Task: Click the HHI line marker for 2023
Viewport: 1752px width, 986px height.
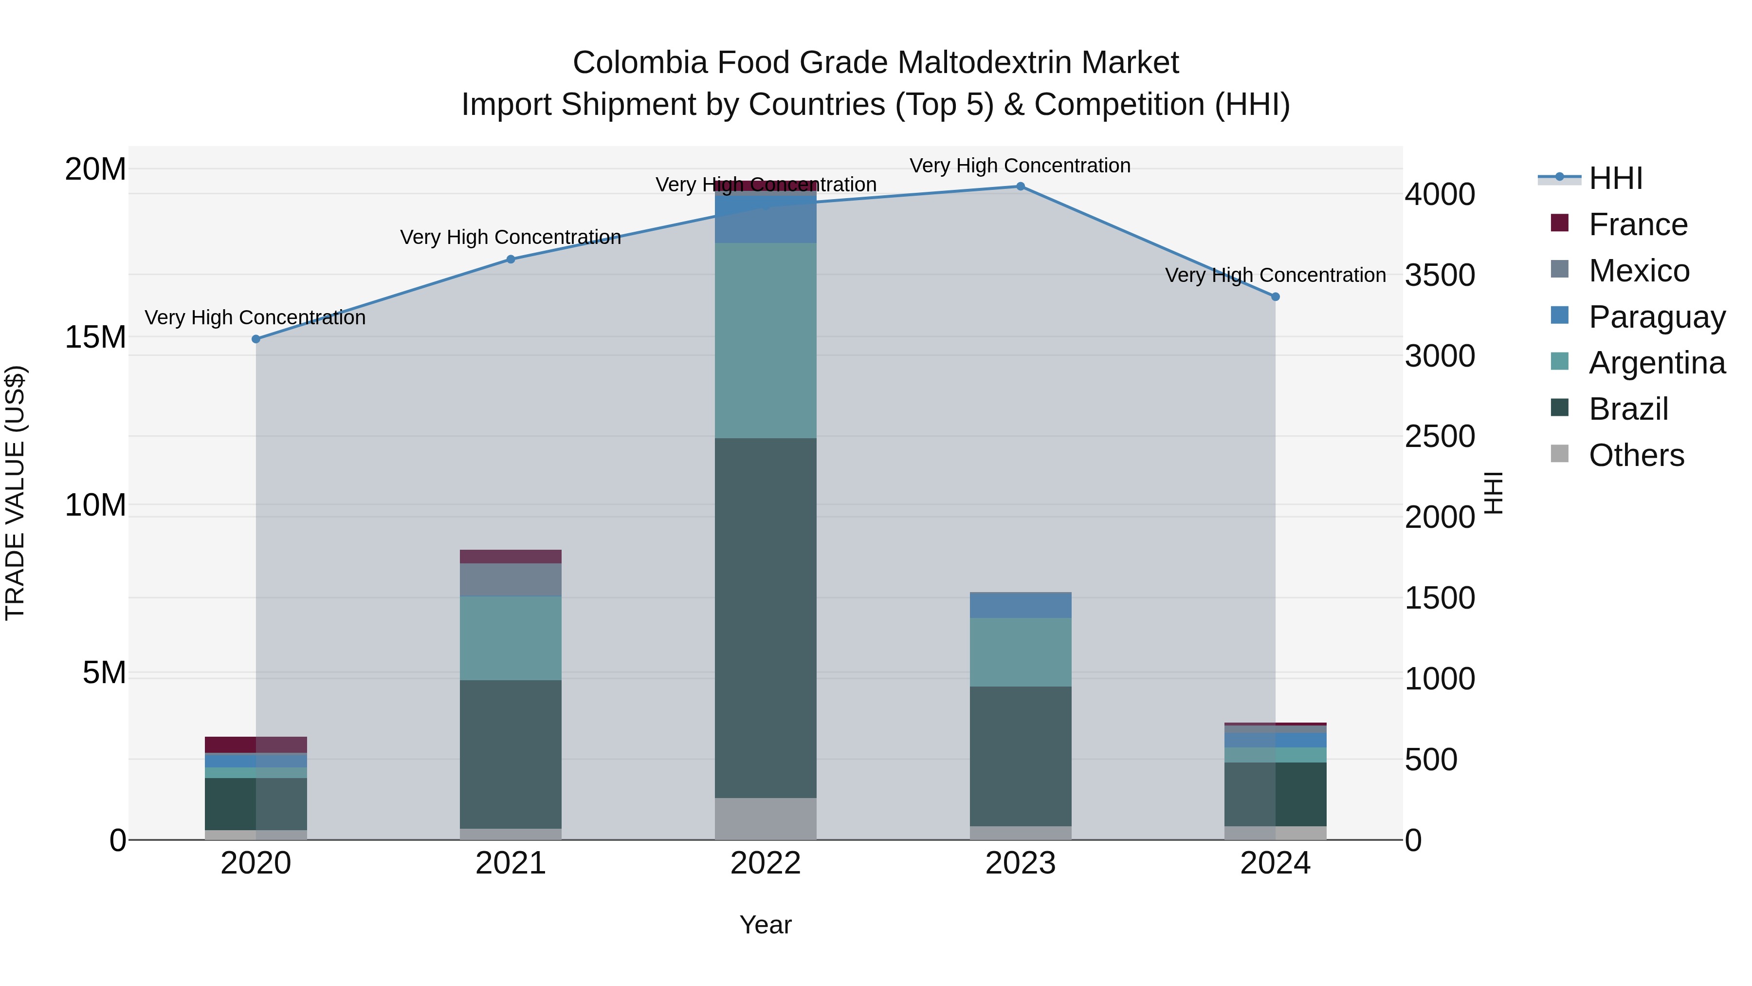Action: [1020, 186]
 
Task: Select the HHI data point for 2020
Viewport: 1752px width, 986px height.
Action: [255, 339]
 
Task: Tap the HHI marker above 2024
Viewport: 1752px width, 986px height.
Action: [1275, 297]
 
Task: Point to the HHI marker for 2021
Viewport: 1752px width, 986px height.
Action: [511, 259]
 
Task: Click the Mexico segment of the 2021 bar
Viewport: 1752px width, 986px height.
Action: [511, 580]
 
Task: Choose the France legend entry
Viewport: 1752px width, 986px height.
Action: [1638, 224]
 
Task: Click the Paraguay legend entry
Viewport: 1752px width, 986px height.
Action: [1657, 317]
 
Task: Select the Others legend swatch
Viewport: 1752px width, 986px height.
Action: [1560, 454]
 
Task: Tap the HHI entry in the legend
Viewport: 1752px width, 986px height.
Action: [1615, 178]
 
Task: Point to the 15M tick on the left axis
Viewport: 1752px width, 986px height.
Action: [95, 337]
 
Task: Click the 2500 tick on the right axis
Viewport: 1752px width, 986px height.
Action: [1440, 436]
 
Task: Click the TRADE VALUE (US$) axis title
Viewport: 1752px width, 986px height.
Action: [15, 493]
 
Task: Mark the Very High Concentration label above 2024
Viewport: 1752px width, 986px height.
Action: [1275, 275]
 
